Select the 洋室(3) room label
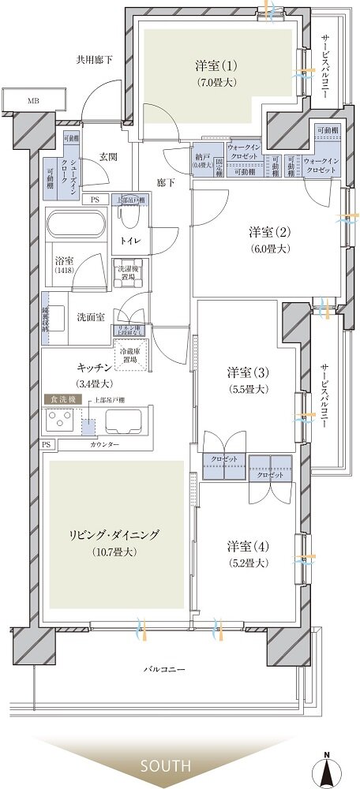tap(247, 372)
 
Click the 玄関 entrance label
tap(109, 156)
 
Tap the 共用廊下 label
tap(94, 59)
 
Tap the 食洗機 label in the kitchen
tap(59, 400)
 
